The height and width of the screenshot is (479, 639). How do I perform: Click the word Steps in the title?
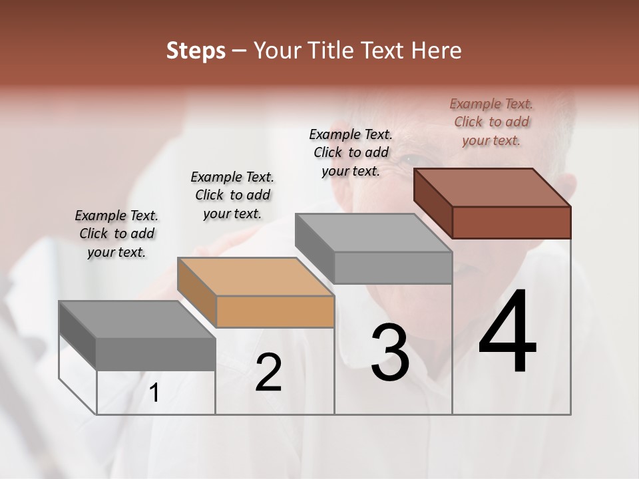[x=196, y=51]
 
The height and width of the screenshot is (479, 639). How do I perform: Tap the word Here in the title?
[x=437, y=51]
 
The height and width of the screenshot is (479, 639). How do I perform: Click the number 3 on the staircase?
[x=389, y=352]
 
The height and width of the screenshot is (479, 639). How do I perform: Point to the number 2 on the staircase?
[x=268, y=373]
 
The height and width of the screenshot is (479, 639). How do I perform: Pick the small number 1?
[x=154, y=393]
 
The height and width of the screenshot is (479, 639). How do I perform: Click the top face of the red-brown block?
[x=493, y=187]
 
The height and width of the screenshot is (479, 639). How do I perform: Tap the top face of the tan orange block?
[x=256, y=277]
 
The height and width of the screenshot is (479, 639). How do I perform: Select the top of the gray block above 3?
[x=373, y=233]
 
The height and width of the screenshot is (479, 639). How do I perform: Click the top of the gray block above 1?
[x=137, y=320]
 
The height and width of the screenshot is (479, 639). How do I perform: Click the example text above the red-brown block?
[x=491, y=122]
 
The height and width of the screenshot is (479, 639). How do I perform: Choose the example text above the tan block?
[x=232, y=195]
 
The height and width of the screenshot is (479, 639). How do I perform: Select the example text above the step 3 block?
[x=351, y=152]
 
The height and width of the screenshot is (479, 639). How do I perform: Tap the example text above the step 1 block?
[x=116, y=234]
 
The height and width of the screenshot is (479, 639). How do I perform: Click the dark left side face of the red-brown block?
[x=433, y=203]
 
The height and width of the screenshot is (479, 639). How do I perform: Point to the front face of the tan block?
[x=276, y=311]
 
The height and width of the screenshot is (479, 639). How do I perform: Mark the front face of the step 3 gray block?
[x=393, y=268]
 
